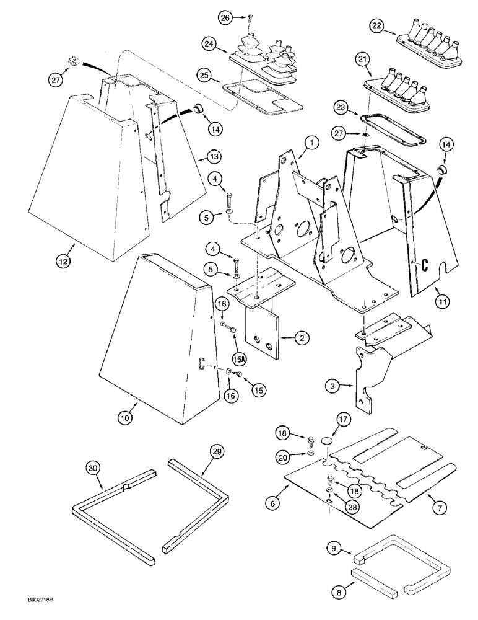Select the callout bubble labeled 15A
click(239, 358)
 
